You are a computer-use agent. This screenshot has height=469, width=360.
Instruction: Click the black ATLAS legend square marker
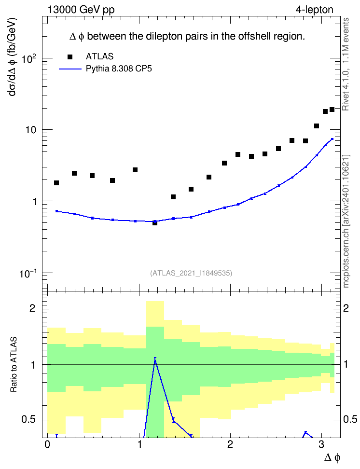70,57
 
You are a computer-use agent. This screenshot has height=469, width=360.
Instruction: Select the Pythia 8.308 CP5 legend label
119,69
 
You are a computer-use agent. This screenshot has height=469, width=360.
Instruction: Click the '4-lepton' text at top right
314,10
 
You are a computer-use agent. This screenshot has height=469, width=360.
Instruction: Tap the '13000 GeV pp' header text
81,10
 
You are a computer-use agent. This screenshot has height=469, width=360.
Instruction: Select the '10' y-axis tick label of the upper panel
31,130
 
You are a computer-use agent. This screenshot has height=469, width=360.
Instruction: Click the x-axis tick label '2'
230,444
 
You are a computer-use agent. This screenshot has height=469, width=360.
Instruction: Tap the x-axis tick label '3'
321,444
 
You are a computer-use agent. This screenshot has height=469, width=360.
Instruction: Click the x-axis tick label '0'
47,444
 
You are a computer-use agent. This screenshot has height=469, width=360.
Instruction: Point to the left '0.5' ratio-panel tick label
28,420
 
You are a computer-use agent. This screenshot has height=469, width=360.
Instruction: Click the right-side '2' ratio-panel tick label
346,308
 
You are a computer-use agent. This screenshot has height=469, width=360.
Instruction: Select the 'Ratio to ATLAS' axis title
14,365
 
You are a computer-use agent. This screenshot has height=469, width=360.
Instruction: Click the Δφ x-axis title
332,457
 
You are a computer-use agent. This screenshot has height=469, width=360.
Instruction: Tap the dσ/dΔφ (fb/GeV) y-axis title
13,57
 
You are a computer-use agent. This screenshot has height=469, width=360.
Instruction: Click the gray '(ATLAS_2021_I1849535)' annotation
191,273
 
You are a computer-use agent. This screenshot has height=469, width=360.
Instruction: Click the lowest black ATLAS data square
155,223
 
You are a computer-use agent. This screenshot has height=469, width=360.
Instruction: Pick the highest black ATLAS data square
332,110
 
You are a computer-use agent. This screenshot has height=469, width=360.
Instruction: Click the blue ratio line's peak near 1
155,358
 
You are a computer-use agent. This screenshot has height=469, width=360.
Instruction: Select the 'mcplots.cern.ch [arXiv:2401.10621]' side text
346,221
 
